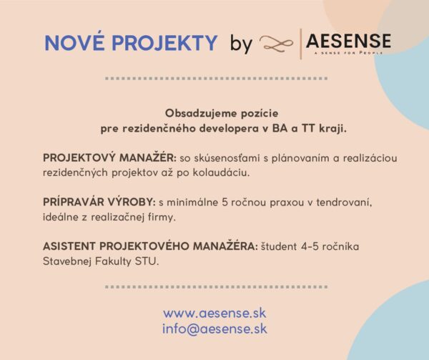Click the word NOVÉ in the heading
pyautogui.click(x=74, y=42)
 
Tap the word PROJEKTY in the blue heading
pyautogui.click(x=164, y=43)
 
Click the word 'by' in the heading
pyautogui.click(x=241, y=44)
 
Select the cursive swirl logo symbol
pyautogui.click(x=276, y=44)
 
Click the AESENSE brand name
pyautogui.click(x=349, y=41)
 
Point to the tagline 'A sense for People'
pyautogui.click(x=348, y=52)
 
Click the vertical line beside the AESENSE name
pyautogui.click(x=301, y=44)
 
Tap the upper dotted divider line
pyautogui.click(x=216, y=79)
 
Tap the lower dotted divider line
pyautogui.click(x=216, y=287)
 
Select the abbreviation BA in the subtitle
pyautogui.click(x=280, y=128)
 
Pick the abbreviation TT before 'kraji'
pyautogui.click(x=308, y=128)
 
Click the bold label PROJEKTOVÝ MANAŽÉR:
pyautogui.click(x=109, y=157)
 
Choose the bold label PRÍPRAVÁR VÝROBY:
pyautogui.click(x=99, y=202)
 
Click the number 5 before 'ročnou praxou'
pyautogui.click(x=225, y=203)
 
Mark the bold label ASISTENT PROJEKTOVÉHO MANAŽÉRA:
pyautogui.click(x=150, y=245)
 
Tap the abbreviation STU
pyautogui.click(x=147, y=261)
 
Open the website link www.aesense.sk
pyautogui.click(x=214, y=313)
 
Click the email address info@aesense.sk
pyautogui.click(x=214, y=329)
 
